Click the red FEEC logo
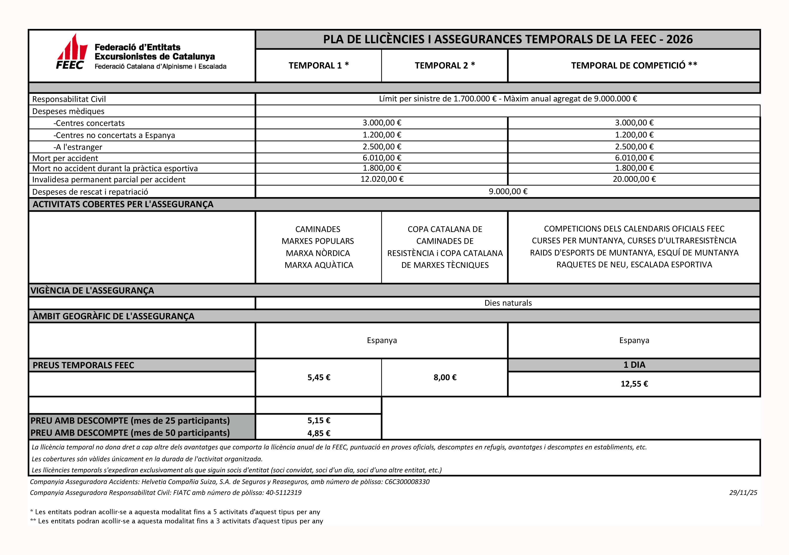tap(72, 52)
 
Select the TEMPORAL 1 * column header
tap(319, 65)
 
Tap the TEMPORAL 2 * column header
tap(445, 65)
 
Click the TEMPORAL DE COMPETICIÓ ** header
tap(634, 65)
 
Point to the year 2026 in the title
tap(679, 39)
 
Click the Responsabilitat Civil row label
tap(69, 99)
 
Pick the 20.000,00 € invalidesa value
tap(634, 179)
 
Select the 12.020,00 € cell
tap(382, 179)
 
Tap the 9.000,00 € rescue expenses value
tap(508, 191)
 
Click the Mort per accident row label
tap(65, 158)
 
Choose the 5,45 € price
tap(319, 377)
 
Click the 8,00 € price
tap(445, 377)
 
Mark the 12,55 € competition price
tap(634, 384)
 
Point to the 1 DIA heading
tap(634, 365)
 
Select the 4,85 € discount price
tap(319, 433)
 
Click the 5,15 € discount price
tap(319, 420)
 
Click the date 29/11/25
tap(743, 492)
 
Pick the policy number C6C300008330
tap(407, 482)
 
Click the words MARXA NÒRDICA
tap(318, 253)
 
